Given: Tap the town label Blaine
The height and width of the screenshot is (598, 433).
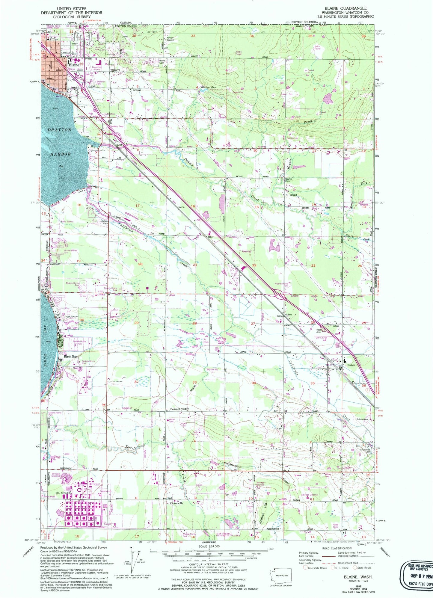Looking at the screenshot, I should point(74,65).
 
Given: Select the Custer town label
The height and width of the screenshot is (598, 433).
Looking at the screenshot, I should point(351,365).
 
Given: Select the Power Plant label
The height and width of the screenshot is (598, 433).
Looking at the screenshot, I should point(50,496).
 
